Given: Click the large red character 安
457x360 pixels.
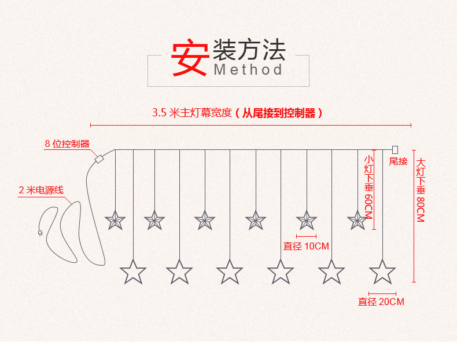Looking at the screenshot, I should click(189, 58).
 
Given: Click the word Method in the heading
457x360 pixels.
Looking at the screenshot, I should click(248, 70).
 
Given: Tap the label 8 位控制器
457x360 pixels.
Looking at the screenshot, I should click(67, 144).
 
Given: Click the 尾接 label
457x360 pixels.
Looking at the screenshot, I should click(399, 161).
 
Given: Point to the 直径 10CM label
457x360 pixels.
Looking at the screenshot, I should click(306, 246).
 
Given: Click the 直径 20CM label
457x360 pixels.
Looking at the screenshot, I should click(381, 302).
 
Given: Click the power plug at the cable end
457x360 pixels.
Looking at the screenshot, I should click(40, 233).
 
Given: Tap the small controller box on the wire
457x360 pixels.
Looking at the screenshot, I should click(98, 157).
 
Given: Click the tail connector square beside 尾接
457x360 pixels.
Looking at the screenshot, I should click(395, 150).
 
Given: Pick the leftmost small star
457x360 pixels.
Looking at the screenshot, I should click(115, 220).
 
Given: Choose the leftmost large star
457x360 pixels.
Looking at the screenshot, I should click(133, 271).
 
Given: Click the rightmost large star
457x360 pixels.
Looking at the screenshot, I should click(382, 271).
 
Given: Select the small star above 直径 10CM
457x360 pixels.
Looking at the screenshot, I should click(306, 220).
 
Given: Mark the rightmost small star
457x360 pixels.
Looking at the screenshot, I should click(357, 220).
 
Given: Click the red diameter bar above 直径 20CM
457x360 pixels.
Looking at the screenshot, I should click(382, 293).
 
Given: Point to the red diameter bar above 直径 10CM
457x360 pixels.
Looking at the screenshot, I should click(306, 236).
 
